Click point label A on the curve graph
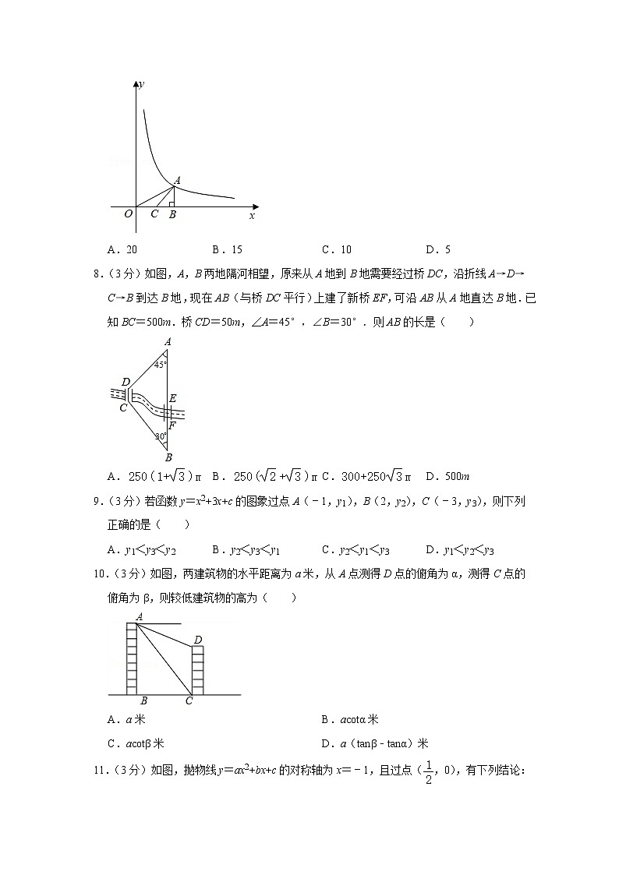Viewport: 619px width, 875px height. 178,180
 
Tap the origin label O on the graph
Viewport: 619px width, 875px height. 128,214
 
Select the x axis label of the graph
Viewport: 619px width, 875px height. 252,214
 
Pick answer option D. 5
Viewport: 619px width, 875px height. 438,250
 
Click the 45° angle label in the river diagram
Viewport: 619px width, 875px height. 159,364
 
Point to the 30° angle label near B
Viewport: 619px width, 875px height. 160,437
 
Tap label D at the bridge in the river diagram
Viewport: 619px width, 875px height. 125,383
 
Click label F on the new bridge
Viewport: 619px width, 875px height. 172,425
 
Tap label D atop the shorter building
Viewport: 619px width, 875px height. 198,640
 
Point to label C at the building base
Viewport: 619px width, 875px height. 189,701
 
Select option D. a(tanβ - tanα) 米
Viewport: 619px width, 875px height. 374,743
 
